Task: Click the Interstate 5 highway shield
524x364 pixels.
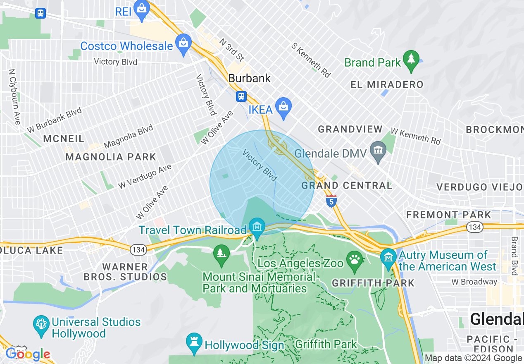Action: pos(331,201)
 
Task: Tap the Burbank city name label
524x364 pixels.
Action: pos(250,78)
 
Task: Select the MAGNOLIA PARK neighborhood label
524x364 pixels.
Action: pos(111,157)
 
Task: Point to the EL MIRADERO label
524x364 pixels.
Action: pos(387,85)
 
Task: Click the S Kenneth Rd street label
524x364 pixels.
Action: pos(311,60)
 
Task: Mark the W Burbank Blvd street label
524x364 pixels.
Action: pos(55,120)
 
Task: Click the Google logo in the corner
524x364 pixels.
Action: pos(27,354)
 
